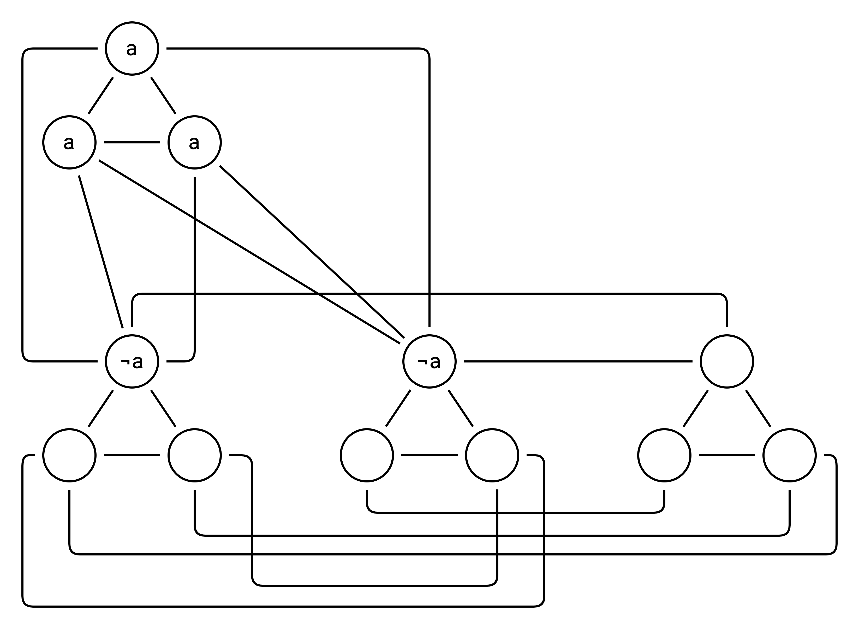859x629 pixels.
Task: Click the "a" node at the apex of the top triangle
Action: click(x=132, y=49)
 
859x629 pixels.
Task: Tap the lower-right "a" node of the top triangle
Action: click(x=194, y=142)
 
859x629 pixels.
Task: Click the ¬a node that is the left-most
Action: click(x=132, y=361)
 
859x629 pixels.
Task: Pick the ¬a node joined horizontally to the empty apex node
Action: click(x=429, y=361)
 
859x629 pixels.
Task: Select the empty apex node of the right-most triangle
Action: click(x=727, y=361)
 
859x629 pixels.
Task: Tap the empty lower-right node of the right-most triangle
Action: click(x=789, y=455)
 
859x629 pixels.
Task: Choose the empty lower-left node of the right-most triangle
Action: click(x=664, y=455)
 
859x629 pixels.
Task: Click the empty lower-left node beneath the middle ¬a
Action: click(x=367, y=455)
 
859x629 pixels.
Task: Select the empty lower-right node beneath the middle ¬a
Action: click(x=492, y=455)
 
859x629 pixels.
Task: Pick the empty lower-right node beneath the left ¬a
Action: click(x=194, y=455)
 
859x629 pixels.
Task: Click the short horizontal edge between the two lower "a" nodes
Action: click(x=132, y=142)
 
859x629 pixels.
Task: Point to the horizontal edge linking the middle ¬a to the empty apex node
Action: click(x=578, y=361)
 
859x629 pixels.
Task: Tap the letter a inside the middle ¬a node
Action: click(x=435, y=362)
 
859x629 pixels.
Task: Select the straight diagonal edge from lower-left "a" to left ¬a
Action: click(x=100, y=251)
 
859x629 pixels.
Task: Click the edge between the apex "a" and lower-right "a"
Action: click(x=163, y=95)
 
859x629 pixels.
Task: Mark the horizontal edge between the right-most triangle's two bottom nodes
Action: click(x=727, y=455)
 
